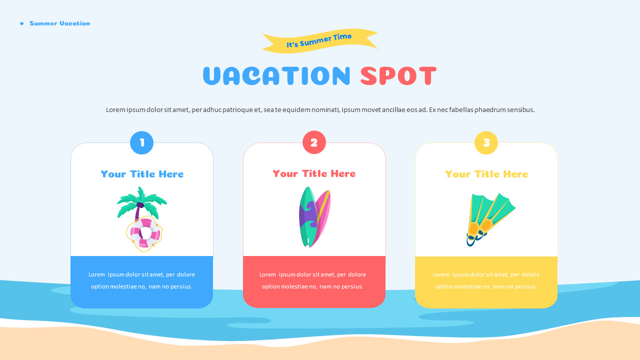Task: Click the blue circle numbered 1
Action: click(x=142, y=143)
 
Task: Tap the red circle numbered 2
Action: click(x=314, y=142)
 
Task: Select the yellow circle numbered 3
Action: click(x=486, y=143)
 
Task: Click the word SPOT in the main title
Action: click(x=398, y=76)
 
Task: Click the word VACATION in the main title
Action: click(x=276, y=76)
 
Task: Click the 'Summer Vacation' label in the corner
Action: click(x=60, y=23)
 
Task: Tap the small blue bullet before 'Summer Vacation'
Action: click(x=22, y=23)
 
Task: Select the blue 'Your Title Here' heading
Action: click(x=142, y=174)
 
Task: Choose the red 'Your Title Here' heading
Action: click(x=314, y=173)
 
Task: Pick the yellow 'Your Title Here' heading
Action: click(x=486, y=174)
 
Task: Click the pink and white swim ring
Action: click(x=144, y=233)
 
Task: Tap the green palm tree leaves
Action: click(x=142, y=201)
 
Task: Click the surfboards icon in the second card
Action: click(x=314, y=216)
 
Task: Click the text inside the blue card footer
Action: click(x=142, y=280)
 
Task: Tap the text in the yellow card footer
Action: click(x=486, y=280)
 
